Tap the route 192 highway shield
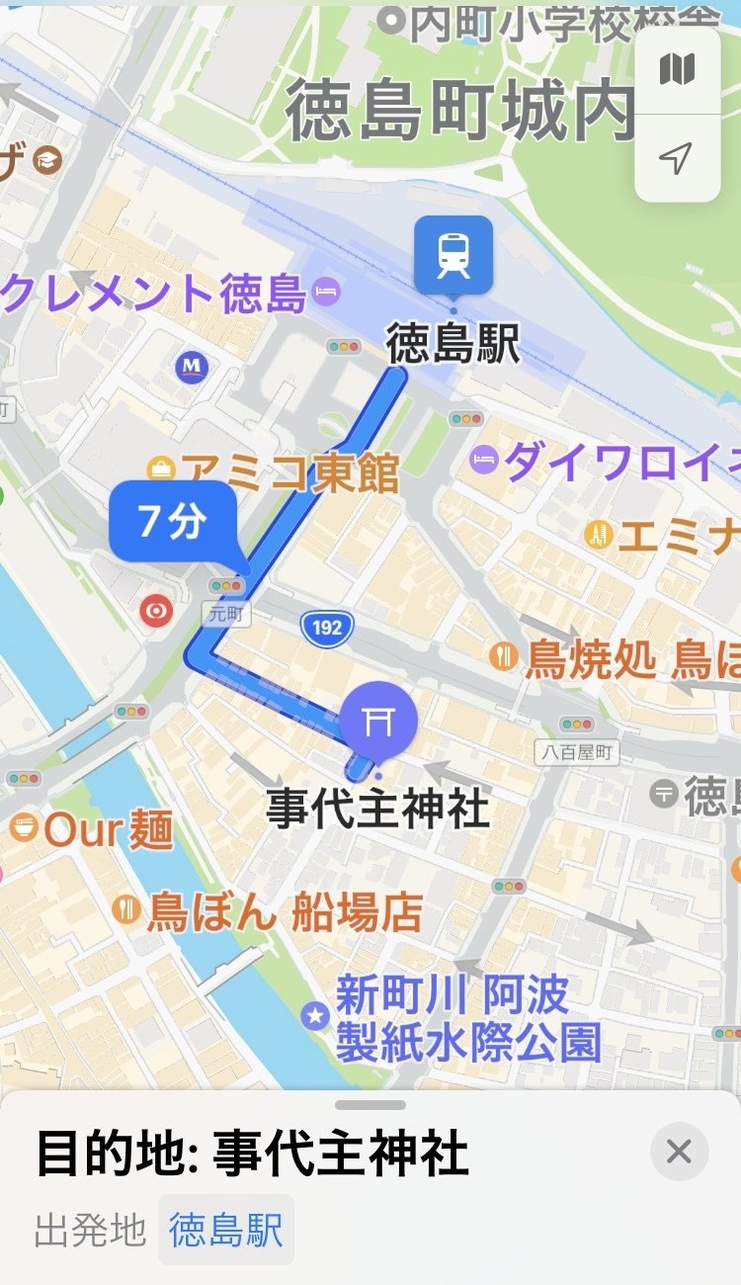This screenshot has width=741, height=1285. tap(327, 627)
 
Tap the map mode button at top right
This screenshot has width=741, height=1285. tap(677, 70)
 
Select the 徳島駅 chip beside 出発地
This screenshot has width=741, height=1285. tap(226, 1231)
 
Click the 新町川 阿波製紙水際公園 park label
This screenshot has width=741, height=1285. tap(466, 1018)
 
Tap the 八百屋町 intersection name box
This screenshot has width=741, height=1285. tap(577, 753)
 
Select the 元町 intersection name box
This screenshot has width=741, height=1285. tap(227, 614)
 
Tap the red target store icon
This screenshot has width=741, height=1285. tap(155, 611)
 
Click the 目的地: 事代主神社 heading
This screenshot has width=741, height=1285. tap(252, 1155)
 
